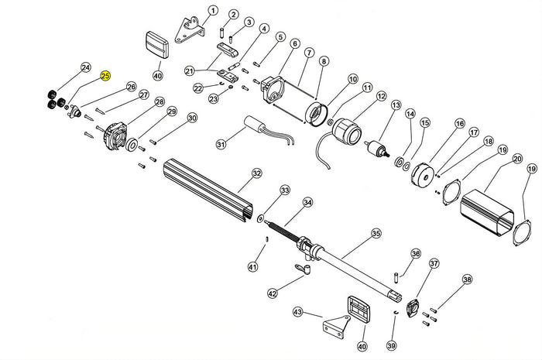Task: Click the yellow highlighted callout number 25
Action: point(106,76)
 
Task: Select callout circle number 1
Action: point(213,11)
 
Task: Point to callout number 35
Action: point(376,232)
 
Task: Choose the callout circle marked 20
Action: point(516,159)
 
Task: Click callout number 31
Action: point(221,144)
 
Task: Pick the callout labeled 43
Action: point(298,312)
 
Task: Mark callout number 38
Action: point(466,279)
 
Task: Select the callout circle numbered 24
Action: point(86,67)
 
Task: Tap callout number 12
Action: point(380,96)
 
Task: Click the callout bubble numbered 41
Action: point(252,267)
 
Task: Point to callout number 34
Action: point(308,203)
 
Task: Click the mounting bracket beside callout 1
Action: point(188,28)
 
